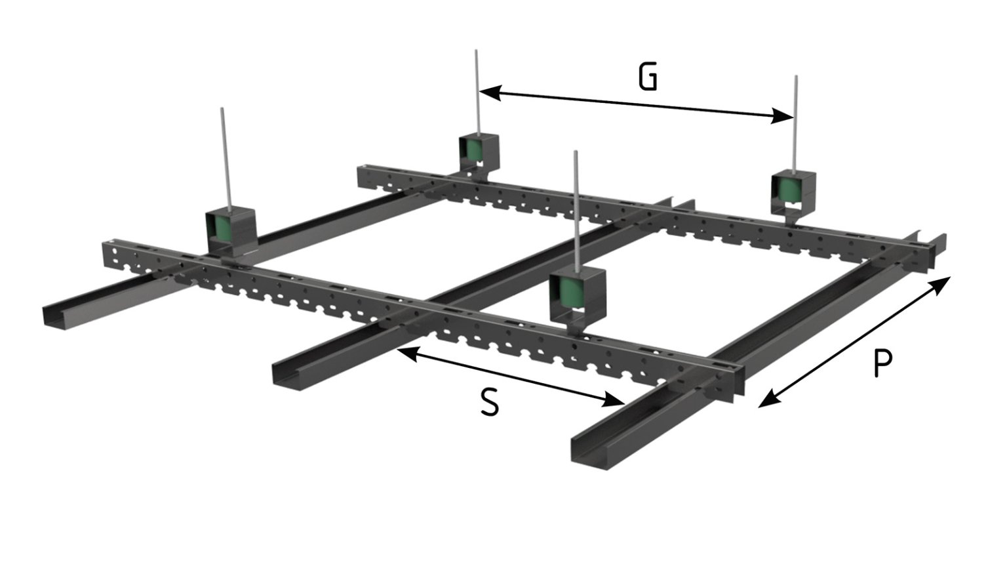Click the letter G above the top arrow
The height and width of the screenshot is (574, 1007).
pyautogui.click(x=647, y=77)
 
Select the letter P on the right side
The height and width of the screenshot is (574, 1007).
pyautogui.click(x=883, y=363)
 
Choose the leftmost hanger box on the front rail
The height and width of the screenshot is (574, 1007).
pyautogui.click(x=230, y=230)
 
